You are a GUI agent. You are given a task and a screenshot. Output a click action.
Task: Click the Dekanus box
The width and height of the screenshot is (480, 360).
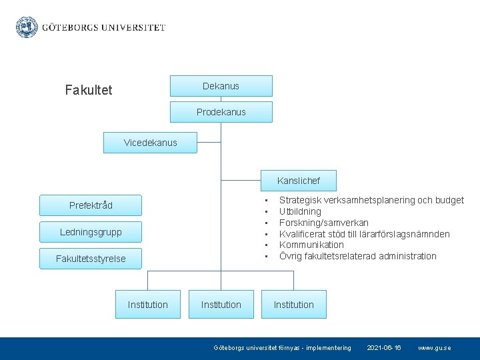(221, 86)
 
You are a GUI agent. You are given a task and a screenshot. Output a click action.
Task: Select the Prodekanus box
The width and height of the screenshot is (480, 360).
(221, 112)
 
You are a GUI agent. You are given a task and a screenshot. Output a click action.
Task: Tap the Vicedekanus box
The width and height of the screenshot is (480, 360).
(151, 143)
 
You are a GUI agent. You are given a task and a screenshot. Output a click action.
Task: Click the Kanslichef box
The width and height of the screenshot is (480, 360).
(299, 181)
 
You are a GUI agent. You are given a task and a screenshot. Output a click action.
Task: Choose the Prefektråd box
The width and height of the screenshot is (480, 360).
(91, 205)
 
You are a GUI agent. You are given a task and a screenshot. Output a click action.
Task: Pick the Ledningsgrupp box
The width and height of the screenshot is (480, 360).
(91, 232)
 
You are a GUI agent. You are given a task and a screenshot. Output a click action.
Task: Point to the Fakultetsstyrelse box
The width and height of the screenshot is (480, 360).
(91, 259)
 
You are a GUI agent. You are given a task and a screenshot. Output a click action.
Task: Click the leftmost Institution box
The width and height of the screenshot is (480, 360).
(148, 305)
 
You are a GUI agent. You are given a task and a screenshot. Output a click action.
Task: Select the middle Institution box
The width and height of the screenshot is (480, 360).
(221, 305)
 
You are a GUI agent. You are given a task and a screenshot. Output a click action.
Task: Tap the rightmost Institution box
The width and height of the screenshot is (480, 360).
(294, 305)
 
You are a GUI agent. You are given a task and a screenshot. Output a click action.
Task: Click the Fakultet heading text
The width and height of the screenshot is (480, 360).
(89, 90)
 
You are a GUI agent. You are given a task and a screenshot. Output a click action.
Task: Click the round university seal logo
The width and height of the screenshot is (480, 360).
(27, 27)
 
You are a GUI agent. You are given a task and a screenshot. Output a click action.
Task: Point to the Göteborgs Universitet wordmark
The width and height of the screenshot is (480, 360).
(104, 28)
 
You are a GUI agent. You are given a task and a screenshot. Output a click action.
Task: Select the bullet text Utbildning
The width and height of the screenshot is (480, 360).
(300, 211)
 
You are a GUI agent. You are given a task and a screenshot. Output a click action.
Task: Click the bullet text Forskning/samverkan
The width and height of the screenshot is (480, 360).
(324, 223)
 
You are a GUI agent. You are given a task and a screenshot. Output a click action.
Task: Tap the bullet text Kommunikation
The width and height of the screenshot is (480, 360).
(311, 245)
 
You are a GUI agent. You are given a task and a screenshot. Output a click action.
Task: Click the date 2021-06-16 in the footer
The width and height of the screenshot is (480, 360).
(385, 348)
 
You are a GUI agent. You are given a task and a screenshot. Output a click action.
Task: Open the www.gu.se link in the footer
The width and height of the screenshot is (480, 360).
(434, 348)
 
